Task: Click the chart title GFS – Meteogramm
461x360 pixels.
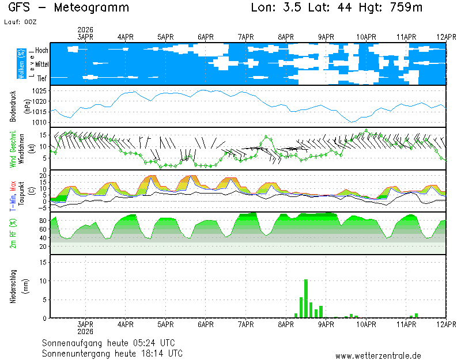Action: click(69, 8)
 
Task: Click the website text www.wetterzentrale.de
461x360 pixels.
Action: click(378, 356)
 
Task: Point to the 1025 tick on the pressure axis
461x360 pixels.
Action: click(39, 92)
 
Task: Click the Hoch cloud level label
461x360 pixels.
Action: click(41, 51)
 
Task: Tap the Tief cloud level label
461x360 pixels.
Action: click(42, 78)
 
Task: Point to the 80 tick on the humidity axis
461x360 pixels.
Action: click(42, 220)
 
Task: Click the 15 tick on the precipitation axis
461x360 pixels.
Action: click(42, 262)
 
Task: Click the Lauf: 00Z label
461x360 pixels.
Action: click(20, 22)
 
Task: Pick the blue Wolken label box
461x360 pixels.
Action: click(21, 63)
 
